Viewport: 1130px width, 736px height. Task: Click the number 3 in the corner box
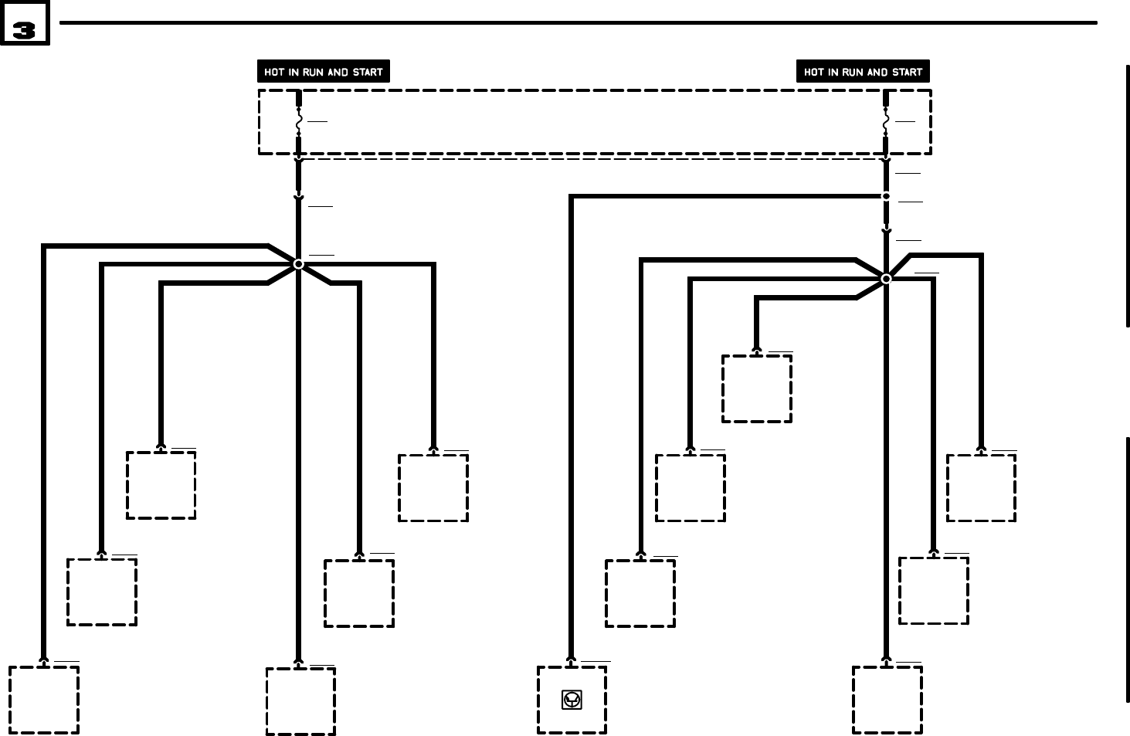click(25, 30)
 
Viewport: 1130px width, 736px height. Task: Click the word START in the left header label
click(368, 72)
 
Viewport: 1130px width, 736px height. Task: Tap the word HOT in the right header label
click(814, 72)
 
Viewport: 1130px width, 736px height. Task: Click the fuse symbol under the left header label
click(299, 122)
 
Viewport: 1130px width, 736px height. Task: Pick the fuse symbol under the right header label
click(886, 122)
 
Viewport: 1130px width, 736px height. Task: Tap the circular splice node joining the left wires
click(299, 264)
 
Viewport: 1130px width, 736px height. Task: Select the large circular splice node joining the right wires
click(886, 278)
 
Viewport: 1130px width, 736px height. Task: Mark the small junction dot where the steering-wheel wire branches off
click(886, 196)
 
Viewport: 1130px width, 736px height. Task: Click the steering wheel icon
click(572, 700)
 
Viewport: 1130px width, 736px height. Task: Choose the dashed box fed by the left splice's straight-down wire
click(300, 701)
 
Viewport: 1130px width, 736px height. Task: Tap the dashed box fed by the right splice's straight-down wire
click(887, 700)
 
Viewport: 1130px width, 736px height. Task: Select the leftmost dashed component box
click(44, 700)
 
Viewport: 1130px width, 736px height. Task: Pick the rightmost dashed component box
click(981, 487)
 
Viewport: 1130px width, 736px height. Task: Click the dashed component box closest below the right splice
click(757, 388)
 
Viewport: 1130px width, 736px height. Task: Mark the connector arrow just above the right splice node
click(886, 230)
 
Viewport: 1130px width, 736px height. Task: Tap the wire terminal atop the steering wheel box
click(572, 662)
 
